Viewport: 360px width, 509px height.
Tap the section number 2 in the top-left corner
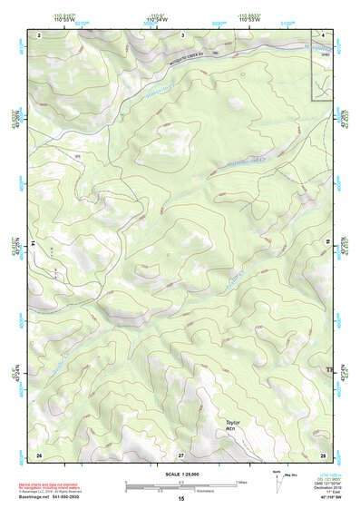click(40, 34)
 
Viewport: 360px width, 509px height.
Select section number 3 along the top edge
click(182, 34)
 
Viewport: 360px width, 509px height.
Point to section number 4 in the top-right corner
click(323, 34)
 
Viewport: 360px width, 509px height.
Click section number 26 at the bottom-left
click(39, 454)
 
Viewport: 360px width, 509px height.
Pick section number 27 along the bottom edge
click(181, 454)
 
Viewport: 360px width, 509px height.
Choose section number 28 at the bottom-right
click(322, 454)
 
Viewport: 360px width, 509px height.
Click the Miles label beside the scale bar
click(240, 481)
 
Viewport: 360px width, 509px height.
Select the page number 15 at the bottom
click(181, 499)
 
